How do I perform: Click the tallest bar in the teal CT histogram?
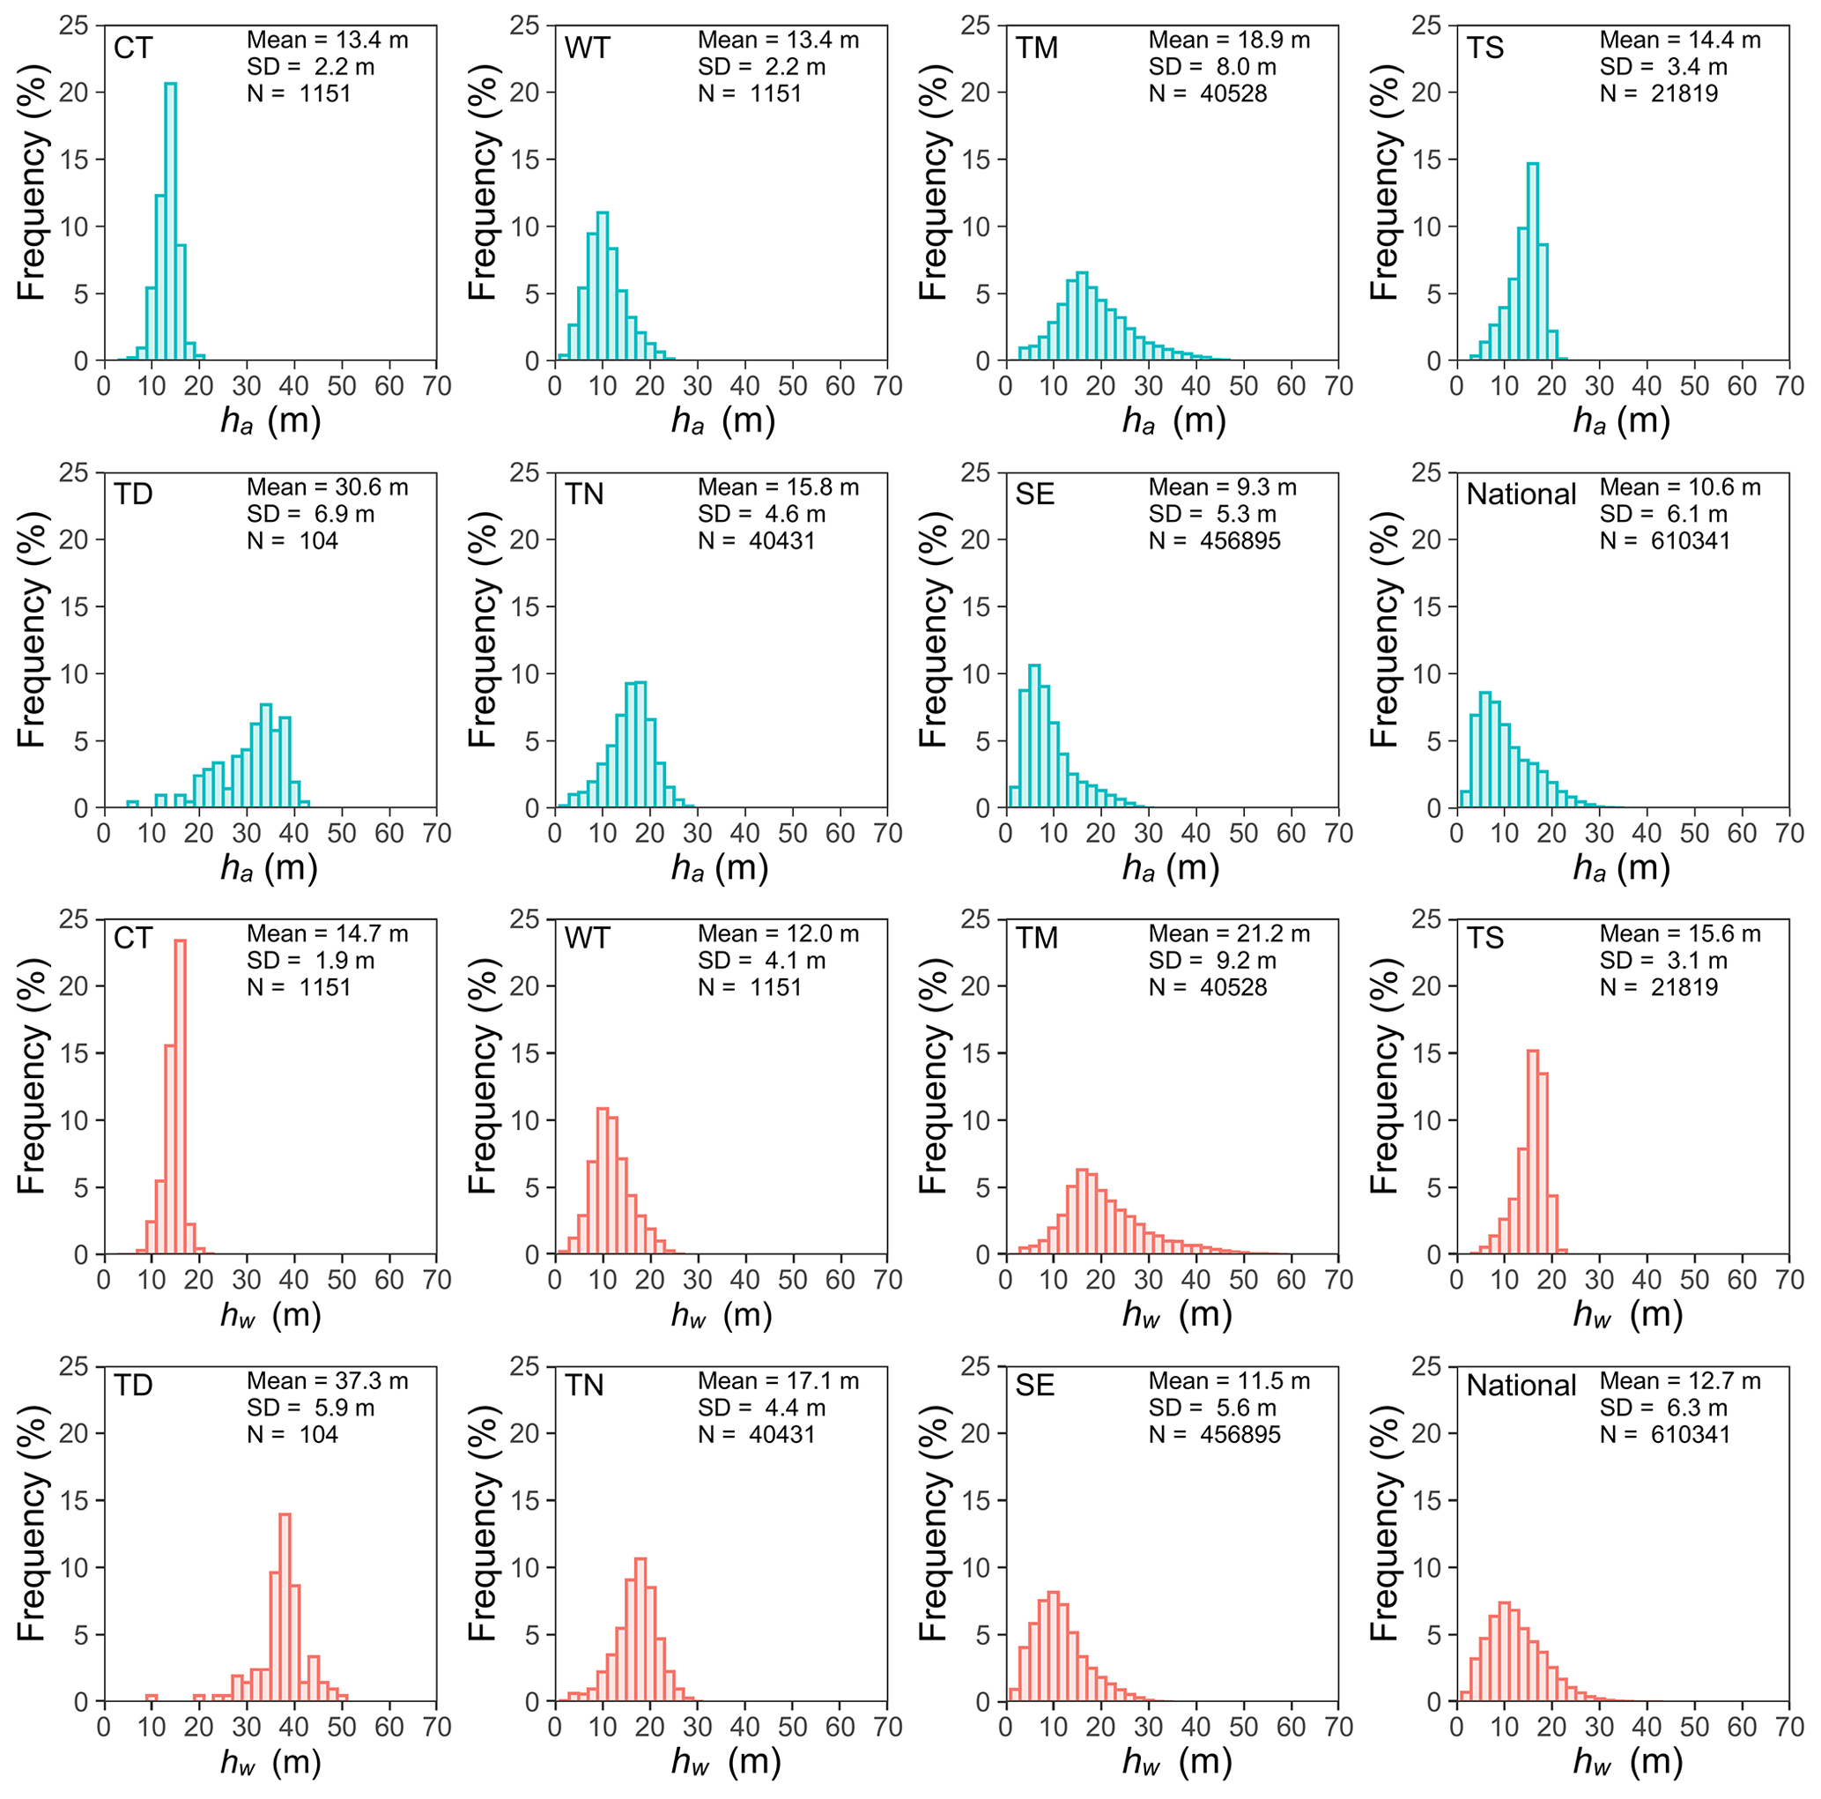tap(171, 221)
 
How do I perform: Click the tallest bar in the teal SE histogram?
tap(1034, 736)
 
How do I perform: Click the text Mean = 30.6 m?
tap(327, 487)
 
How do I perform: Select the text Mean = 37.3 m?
tap(327, 1380)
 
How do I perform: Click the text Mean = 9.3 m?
tap(1222, 487)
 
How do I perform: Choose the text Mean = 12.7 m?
tap(1680, 1380)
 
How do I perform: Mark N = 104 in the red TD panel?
tap(292, 1434)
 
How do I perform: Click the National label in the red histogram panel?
tap(1521, 1385)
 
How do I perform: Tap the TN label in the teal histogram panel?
tap(583, 494)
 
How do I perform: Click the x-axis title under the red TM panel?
tap(1176, 1314)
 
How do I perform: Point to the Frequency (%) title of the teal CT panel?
tap(31, 182)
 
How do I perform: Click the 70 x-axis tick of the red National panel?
tap(1788, 1727)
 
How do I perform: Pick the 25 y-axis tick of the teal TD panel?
tap(73, 472)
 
